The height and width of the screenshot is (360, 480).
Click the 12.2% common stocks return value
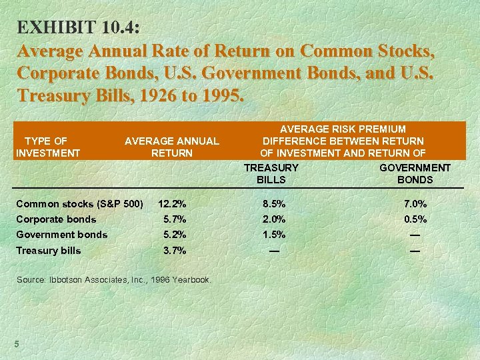pyautogui.click(x=172, y=203)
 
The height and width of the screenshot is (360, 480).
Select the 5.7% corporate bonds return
pyautogui.click(x=175, y=219)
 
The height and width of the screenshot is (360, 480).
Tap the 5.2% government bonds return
pyautogui.click(x=175, y=234)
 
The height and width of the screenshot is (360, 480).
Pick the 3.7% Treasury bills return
pyautogui.click(x=175, y=251)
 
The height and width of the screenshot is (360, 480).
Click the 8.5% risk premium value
pyautogui.click(x=273, y=203)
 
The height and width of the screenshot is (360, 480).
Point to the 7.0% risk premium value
pyautogui.click(x=415, y=203)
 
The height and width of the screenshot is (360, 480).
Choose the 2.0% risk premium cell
pyautogui.click(x=273, y=219)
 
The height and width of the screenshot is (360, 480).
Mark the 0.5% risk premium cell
pyautogui.click(x=415, y=219)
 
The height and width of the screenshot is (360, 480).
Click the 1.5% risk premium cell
pyautogui.click(x=273, y=234)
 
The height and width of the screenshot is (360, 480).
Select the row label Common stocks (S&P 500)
pyautogui.click(x=79, y=203)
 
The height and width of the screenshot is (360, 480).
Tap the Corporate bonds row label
pyautogui.click(x=56, y=219)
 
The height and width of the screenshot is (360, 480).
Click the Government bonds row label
pyautogui.click(x=61, y=234)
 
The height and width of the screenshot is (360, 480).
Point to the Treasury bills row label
pyautogui.click(x=49, y=251)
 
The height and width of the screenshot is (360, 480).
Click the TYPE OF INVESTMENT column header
pyautogui.click(x=47, y=147)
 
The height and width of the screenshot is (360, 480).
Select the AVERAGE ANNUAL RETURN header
pyautogui.click(x=171, y=147)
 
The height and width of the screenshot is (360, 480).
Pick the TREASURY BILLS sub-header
pyautogui.click(x=271, y=173)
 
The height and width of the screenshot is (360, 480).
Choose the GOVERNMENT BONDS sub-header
pyautogui.click(x=415, y=173)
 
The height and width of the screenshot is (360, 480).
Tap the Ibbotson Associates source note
pyautogui.click(x=113, y=279)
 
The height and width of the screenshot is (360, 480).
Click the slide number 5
pyautogui.click(x=17, y=343)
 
